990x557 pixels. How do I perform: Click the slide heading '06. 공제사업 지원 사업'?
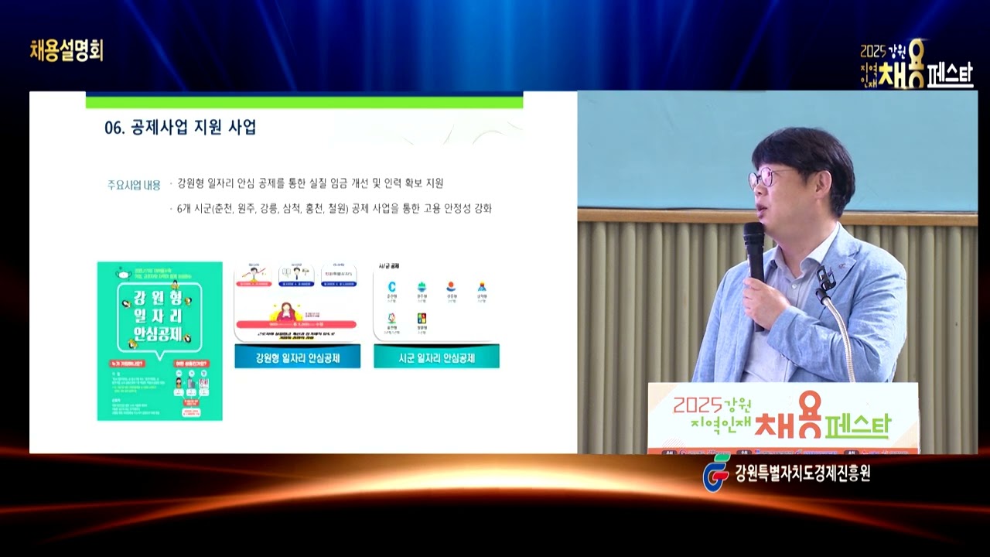[x=180, y=128]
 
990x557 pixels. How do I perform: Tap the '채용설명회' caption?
[x=67, y=50]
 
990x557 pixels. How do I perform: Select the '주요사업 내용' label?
[x=134, y=185]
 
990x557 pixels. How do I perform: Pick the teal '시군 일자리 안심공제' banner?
[x=436, y=357]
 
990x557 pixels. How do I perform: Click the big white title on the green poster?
[x=159, y=316]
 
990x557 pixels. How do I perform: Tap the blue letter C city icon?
[x=391, y=287]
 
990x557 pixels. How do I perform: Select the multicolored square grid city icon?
[x=422, y=318]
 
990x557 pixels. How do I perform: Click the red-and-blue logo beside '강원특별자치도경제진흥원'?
[x=715, y=471]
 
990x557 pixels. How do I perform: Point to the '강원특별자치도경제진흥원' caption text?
[x=803, y=473]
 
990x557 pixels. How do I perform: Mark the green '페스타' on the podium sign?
[x=858, y=425]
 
